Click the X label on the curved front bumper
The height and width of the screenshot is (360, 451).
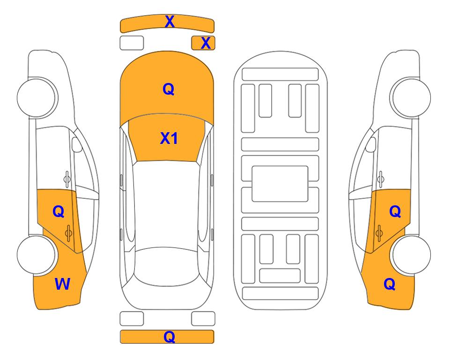pos(170,22)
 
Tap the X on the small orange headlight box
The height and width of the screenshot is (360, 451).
pos(206,43)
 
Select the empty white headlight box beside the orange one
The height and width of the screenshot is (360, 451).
pos(132,43)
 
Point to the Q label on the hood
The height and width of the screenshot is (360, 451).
pos(169,89)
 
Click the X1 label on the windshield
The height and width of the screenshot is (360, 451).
pos(169,138)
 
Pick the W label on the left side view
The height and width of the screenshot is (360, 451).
pos(62,284)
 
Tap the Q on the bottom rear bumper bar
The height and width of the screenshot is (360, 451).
pos(170,337)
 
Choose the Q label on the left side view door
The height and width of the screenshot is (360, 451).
pos(59,212)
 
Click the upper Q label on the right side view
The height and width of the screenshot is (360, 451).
pos(395,212)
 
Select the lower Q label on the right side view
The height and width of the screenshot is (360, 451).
pos(390,284)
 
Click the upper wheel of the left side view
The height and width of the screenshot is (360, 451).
pos(37,97)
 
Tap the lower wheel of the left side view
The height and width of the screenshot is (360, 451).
pos(36,255)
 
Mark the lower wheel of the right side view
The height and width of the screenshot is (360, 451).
pos(412,255)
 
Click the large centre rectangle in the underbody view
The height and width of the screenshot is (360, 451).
pos(280,184)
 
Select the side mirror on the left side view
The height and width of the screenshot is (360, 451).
pos(76,144)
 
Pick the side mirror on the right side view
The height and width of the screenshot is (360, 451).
pos(371,144)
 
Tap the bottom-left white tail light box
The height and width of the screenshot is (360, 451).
pos(132,319)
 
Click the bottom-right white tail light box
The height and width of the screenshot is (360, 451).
pos(203,319)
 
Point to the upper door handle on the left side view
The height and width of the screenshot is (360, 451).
pos(67,179)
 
